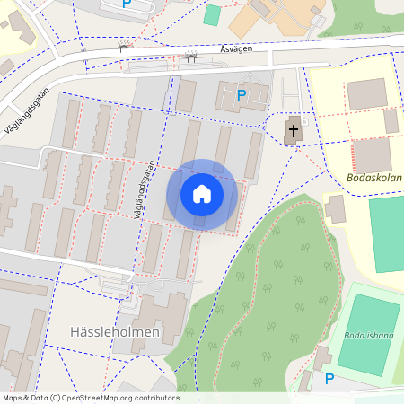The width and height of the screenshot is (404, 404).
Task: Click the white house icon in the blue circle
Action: pyautogui.click(x=202, y=194)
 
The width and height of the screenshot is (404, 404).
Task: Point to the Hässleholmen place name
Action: pyautogui.click(x=115, y=332)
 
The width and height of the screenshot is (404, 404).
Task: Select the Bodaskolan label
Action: pyautogui.click(x=373, y=178)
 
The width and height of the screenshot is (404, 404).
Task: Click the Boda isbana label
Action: pyautogui.click(x=368, y=336)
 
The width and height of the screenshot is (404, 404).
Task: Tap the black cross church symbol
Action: pyautogui.click(x=293, y=132)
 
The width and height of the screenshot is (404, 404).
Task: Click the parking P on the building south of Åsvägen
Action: pyautogui.click(x=241, y=94)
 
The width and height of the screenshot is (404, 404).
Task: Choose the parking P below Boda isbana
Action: pyautogui.click(x=329, y=379)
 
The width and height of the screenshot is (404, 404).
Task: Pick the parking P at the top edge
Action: pyautogui.click(x=127, y=4)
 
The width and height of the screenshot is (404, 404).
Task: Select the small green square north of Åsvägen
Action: pyautogui.click(x=212, y=14)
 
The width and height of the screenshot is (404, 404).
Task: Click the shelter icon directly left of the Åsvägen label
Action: pyautogui.click(x=189, y=57)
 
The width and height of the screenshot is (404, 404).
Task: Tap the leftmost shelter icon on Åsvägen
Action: pyautogui.click(x=124, y=46)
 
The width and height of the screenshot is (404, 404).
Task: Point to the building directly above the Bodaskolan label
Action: pyautogui.click(x=370, y=154)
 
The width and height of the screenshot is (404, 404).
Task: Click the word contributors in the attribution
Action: pyautogui.click(x=155, y=398)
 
